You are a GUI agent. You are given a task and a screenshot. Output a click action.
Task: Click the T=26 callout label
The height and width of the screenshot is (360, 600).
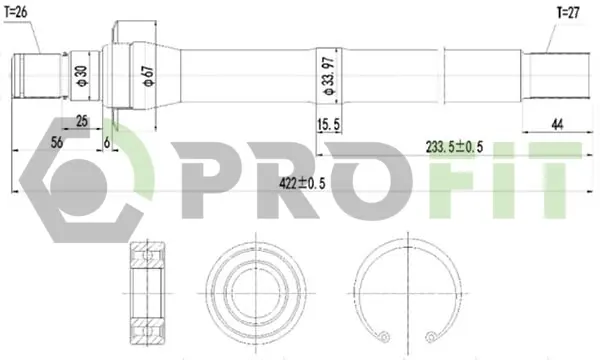pyautogui.click(x=16, y=13)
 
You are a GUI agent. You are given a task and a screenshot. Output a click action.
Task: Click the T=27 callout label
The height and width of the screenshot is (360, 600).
pyautogui.click(x=568, y=13)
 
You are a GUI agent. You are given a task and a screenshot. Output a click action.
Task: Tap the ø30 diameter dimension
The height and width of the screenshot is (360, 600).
pyautogui.click(x=82, y=76)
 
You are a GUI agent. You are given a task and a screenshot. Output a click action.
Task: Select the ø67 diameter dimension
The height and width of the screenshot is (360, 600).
pyautogui.click(x=148, y=76)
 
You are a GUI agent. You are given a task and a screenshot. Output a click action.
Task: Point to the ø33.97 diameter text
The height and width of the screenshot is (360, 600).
pyautogui.click(x=329, y=76)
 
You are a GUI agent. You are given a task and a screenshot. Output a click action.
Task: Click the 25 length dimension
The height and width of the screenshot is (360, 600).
pyautogui.click(x=82, y=121)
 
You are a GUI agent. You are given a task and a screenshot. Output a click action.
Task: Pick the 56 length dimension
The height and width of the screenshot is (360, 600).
pyautogui.click(x=57, y=143)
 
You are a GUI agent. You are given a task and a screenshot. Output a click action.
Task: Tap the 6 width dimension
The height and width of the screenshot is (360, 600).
pyautogui.click(x=107, y=143)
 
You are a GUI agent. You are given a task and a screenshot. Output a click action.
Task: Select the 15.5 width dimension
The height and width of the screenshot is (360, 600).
pyautogui.click(x=328, y=124)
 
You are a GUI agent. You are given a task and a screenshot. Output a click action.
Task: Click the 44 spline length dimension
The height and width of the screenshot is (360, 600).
pyautogui.click(x=557, y=124)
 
